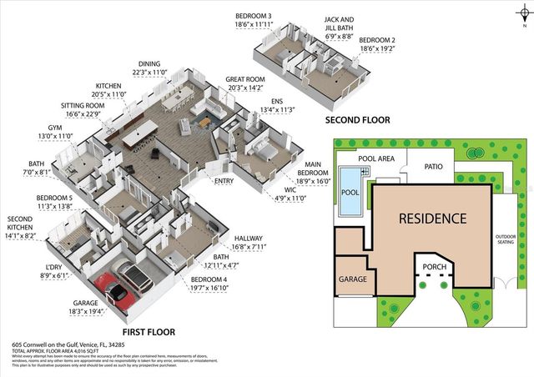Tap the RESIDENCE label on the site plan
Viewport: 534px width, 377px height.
pyautogui.click(x=431, y=219)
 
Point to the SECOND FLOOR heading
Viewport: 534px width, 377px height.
pyautogui.click(x=358, y=120)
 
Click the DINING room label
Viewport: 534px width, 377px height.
pyautogui.click(x=149, y=63)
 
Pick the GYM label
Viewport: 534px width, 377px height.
pyautogui.click(x=55, y=129)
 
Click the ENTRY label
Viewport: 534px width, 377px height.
pyautogui.click(x=224, y=180)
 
